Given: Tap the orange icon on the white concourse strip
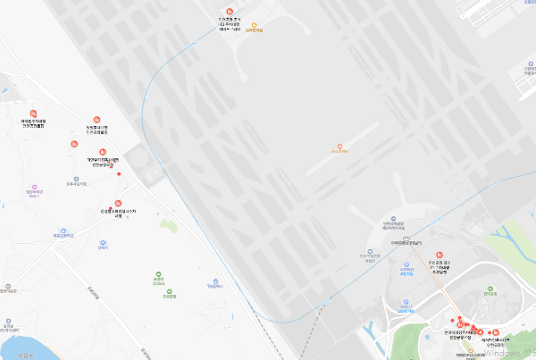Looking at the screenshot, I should [339, 147].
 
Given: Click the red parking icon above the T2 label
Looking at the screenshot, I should [230, 10].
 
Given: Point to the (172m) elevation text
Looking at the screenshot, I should [158, 284].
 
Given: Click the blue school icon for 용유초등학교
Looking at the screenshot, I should [63, 230].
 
